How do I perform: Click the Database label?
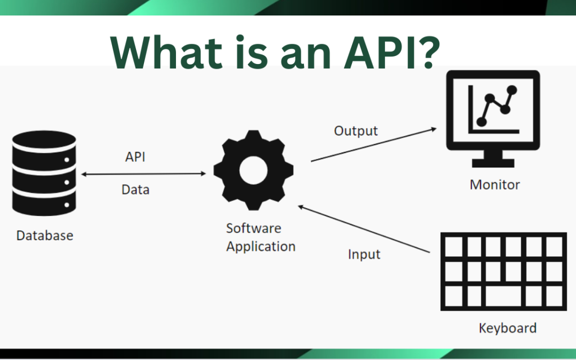click(x=45, y=235)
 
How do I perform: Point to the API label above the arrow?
click(x=135, y=157)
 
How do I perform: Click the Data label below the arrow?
click(x=135, y=189)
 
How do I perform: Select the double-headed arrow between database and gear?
click(x=143, y=174)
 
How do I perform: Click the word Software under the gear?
click(x=253, y=228)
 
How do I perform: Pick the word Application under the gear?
click(x=261, y=247)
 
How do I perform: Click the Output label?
click(x=356, y=131)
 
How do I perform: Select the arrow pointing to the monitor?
click(x=373, y=145)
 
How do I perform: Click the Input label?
click(x=364, y=254)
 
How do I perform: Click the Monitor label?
click(x=494, y=185)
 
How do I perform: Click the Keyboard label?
click(x=507, y=327)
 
